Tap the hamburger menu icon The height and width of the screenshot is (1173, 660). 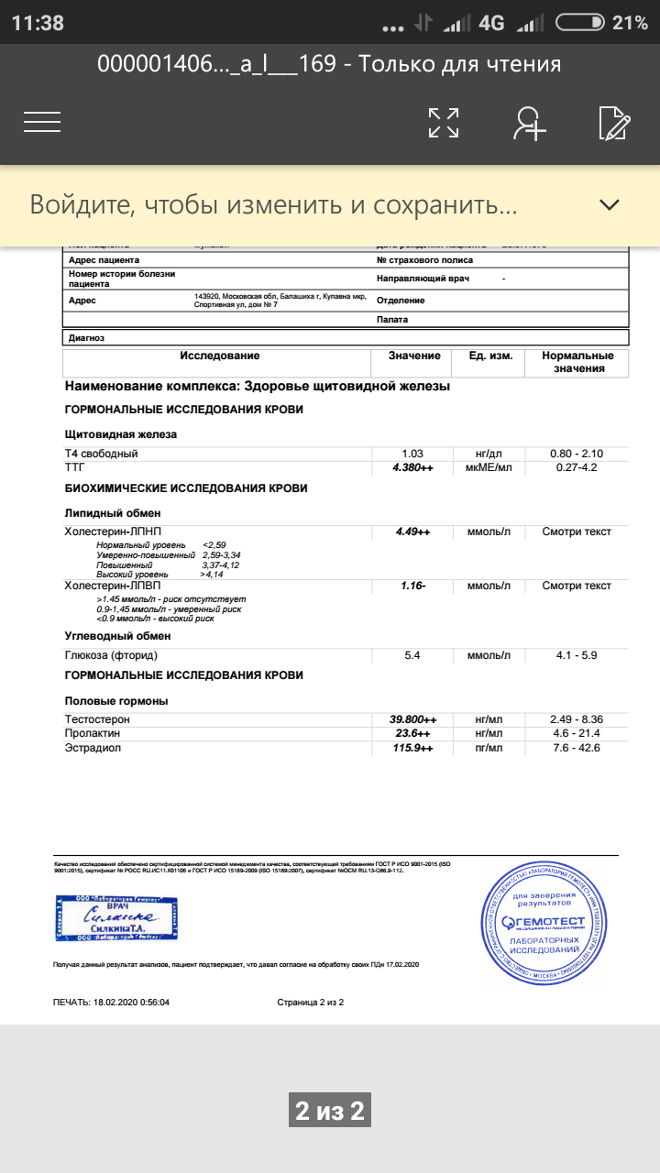pyautogui.click(x=42, y=122)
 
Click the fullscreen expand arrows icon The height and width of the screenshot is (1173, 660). pyautogui.click(x=444, y=123)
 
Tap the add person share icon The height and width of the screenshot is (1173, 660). pyautogui.click(x=529, y=123)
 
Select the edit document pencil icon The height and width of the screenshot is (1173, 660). pyautogui.click(x=613, y=123)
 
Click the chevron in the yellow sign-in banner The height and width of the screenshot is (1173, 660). pyautogui.click(x=610, y=205)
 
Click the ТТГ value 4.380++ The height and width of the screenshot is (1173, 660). pyautogui.click(x=412, y=468)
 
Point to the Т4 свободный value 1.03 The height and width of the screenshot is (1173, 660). pyautogui.click(x=412, y=454)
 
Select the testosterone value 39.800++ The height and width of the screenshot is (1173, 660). pyautogui.click(x=412, y=719)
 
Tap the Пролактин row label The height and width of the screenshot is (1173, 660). pyautogui.click(x=92, y=734)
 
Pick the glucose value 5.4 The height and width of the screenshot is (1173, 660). pyautogui.click(x=412, y=655)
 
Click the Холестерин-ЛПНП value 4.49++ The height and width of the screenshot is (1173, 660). pyautogui.click(x=412, y=532)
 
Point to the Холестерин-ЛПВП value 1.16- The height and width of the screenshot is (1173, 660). pyautogui.click(x=412, y=585)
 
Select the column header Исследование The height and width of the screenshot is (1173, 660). pyautogui.click(x=219, y=356)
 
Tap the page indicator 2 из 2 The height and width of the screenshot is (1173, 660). pyautogui.click(x=330, y=1112)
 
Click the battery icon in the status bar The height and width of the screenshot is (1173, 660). pyautogui.click(x=579, y=23)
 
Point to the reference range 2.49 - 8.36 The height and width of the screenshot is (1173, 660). pyautogui.click(x=576, y=719)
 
